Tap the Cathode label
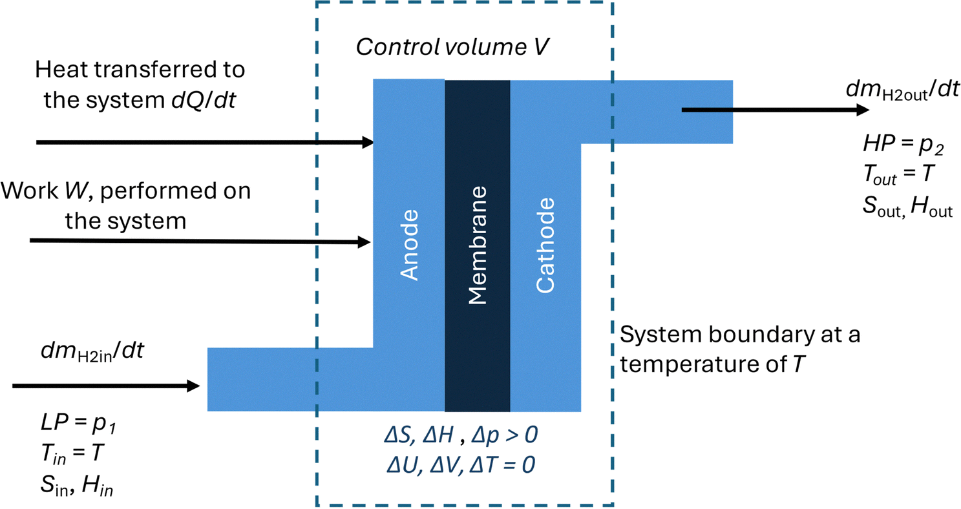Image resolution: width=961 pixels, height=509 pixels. click(545, 246)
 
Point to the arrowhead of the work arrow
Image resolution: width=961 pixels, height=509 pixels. click(364, 243)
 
